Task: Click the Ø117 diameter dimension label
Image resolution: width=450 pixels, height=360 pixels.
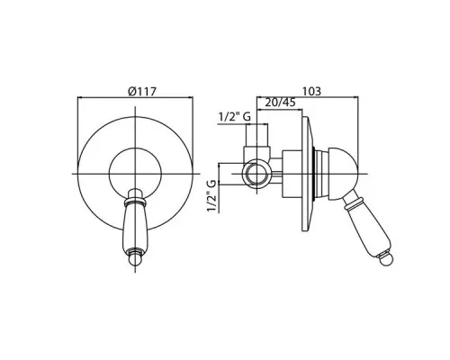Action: click(142, 91)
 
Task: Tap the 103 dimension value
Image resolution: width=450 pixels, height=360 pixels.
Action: click(311, 91)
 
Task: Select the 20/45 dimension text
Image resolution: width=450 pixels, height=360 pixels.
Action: click(281, 103)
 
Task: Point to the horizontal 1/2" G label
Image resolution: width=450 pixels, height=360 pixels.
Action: click(235, 117)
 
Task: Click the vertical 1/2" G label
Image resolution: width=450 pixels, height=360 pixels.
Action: click(212, 196)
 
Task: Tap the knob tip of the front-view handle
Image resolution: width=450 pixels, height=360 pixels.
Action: click(135, 258)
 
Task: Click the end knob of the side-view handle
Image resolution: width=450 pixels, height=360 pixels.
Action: click(386, 259)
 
